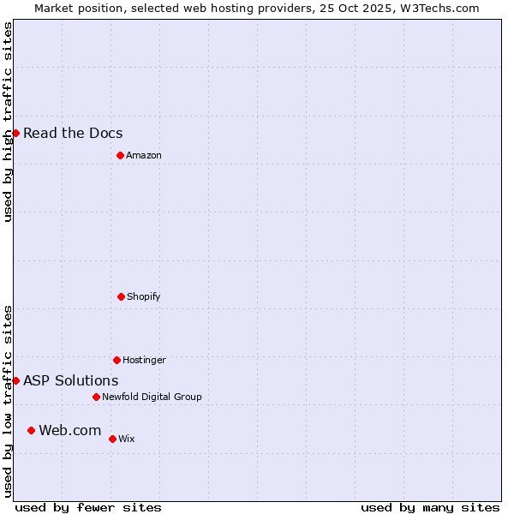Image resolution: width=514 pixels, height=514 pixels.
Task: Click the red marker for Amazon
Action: click(x=120, y=155)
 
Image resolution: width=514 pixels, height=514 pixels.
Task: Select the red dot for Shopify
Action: click(x=121, y=296)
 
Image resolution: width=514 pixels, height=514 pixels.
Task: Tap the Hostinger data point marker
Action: click(x=117, y=360)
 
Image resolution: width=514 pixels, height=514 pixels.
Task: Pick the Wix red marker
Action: click(x=112, y=439)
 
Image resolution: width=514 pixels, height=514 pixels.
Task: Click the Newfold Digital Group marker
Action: click(x=96, y=397)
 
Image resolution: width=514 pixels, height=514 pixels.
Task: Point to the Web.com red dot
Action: click(x=31, y=430)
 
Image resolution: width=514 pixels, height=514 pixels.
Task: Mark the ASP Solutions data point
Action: click(x=15, y=380)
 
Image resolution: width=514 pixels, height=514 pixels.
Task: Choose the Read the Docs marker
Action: click(x=15, y=133)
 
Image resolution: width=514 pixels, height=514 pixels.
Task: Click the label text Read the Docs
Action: click(x=73, y=133)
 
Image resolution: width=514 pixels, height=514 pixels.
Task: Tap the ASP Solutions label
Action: click(x=71, y=380)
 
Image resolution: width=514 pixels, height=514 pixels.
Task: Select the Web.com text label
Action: click(x=70, y=430)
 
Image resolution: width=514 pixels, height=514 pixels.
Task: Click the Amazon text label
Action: click(x=144, y=155)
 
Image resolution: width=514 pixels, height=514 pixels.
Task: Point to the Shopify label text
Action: click(x=144, y=296)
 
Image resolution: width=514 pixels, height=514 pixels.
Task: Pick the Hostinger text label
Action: click(x=144, y=360)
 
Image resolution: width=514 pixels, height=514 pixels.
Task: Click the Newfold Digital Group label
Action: click(x=152, y=397)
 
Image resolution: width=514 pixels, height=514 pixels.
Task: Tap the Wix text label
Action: click(x=127, y=439)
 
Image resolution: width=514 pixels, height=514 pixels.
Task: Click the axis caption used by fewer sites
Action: click(x=88, y=507)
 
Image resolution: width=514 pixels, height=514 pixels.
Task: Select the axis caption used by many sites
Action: click(x=430, y=507)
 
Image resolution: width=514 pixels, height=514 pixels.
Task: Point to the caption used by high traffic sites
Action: click(x=8, y=122)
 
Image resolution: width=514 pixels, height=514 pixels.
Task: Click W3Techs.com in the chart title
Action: click(x=439, y=8)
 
